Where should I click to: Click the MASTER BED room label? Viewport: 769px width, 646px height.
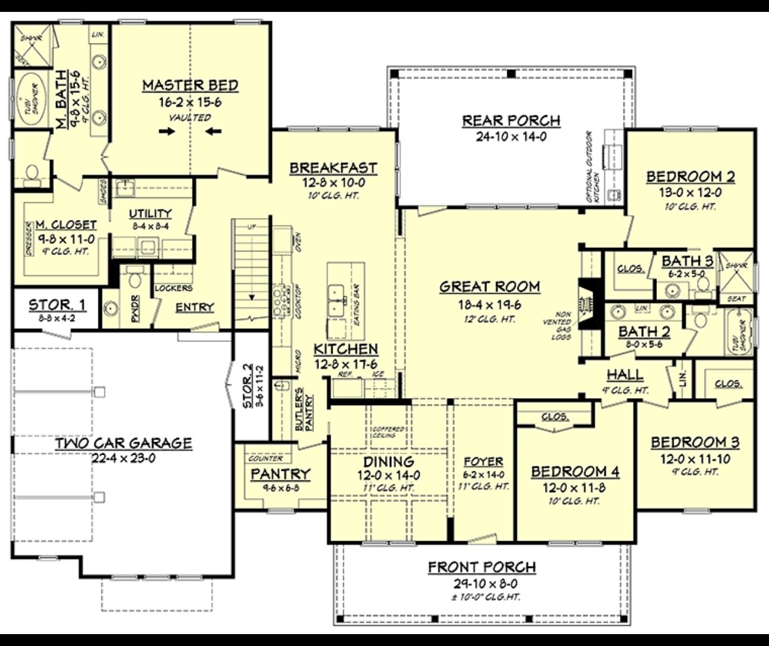pos(190,85)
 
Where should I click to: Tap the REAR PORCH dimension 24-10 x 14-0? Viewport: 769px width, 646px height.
pos(511,136)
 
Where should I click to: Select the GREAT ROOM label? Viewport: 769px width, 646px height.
pos(489,287)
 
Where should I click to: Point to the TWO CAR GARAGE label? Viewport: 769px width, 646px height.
pos(123,443)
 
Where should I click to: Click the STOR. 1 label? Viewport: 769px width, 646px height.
pos(57,305)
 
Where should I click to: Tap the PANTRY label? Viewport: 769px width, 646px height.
pos(280,474)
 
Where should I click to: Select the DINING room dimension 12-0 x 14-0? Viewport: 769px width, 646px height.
pos(389,476)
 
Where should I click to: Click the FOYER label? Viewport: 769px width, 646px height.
pos(483,461)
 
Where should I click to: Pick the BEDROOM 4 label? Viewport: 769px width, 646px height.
pos(575,472)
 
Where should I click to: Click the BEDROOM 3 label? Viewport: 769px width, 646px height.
pos(694,442)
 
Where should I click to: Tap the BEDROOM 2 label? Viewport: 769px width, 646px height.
pos(690,176)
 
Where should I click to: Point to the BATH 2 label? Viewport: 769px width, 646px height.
pos(644,331)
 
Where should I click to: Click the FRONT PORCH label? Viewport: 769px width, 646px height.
pos(482,567)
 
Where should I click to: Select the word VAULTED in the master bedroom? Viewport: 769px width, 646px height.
pos(190,117)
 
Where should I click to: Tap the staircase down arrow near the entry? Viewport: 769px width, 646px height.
pos(251,296)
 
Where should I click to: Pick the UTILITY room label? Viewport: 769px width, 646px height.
pos(150,213)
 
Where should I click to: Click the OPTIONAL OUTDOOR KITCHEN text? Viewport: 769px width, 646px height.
pos(593,167)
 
